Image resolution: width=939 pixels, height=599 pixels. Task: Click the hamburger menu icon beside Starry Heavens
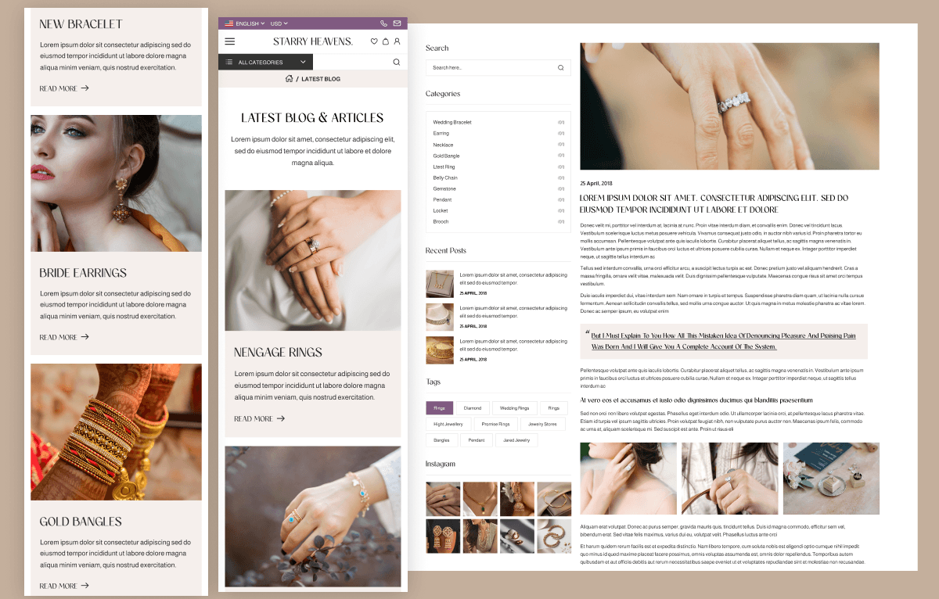click(229, 41)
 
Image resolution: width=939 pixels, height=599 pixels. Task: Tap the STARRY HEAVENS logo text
click(313, 41)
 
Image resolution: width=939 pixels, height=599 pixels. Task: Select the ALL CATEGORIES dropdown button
click(265, 62)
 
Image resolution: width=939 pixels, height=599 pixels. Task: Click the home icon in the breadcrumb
click(289, 79)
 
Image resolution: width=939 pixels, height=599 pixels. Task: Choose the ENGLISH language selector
click(246, 23)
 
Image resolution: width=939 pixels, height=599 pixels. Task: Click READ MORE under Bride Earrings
click(64, 337)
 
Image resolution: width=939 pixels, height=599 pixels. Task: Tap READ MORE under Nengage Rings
click(259, 419)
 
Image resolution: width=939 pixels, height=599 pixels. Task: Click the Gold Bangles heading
click(81, 522)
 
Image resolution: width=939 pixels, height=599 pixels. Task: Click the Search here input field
click(491, 68)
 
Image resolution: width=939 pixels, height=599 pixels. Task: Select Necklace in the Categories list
click(443, 145)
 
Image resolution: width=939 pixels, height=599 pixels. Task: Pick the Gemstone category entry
click(444, 188)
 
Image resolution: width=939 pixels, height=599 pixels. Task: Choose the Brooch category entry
click(441, 221)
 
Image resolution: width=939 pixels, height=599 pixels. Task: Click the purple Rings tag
click(439, 408)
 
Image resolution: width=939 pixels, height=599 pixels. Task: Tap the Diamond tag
click(473, 408)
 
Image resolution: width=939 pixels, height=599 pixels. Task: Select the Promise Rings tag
click(495, 424)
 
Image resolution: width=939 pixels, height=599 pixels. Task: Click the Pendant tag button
click(477, 440)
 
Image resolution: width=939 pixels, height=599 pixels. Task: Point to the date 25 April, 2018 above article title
click(596, 184)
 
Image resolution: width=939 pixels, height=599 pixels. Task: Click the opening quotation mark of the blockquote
click(587, 333)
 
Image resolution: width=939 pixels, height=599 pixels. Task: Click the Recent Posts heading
click(446, 251)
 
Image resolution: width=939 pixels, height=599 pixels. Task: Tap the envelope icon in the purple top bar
click(397, 23)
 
